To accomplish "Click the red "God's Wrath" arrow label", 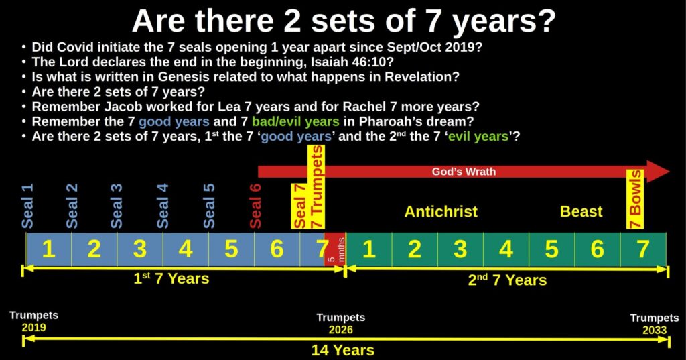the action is point(464,171).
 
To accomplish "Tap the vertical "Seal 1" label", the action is point(27,206).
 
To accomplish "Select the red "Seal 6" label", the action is point(255,206).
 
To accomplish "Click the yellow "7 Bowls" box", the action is point(634,199).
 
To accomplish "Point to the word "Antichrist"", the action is point(441,212).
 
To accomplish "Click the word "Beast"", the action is point(581,212).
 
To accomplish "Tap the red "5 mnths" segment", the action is point(335,249).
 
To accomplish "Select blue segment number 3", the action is point(140,249).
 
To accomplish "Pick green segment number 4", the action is point(506,249).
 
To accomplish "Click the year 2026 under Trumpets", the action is point(341,329).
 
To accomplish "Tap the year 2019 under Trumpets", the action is point(33,328).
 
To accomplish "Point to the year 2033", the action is point(655,330).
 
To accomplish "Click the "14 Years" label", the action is point(343,351).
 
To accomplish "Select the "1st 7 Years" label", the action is point(171,278).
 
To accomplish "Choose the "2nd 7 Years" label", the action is point(508,280).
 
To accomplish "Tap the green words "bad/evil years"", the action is point(295,121).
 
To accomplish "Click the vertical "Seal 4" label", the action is point(162,206).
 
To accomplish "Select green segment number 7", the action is point(643,249).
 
